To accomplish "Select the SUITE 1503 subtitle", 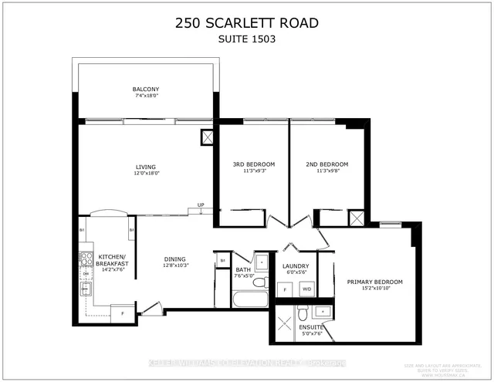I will click(x=246, y=39).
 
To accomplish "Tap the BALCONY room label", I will click(x=144, y=90).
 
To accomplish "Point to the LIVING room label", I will click(x=145, y=167).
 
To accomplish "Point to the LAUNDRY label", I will click(x=296, y=265).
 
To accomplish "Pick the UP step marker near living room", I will click(x=201, y=205).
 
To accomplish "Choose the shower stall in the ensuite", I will click(x=283, y=318).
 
